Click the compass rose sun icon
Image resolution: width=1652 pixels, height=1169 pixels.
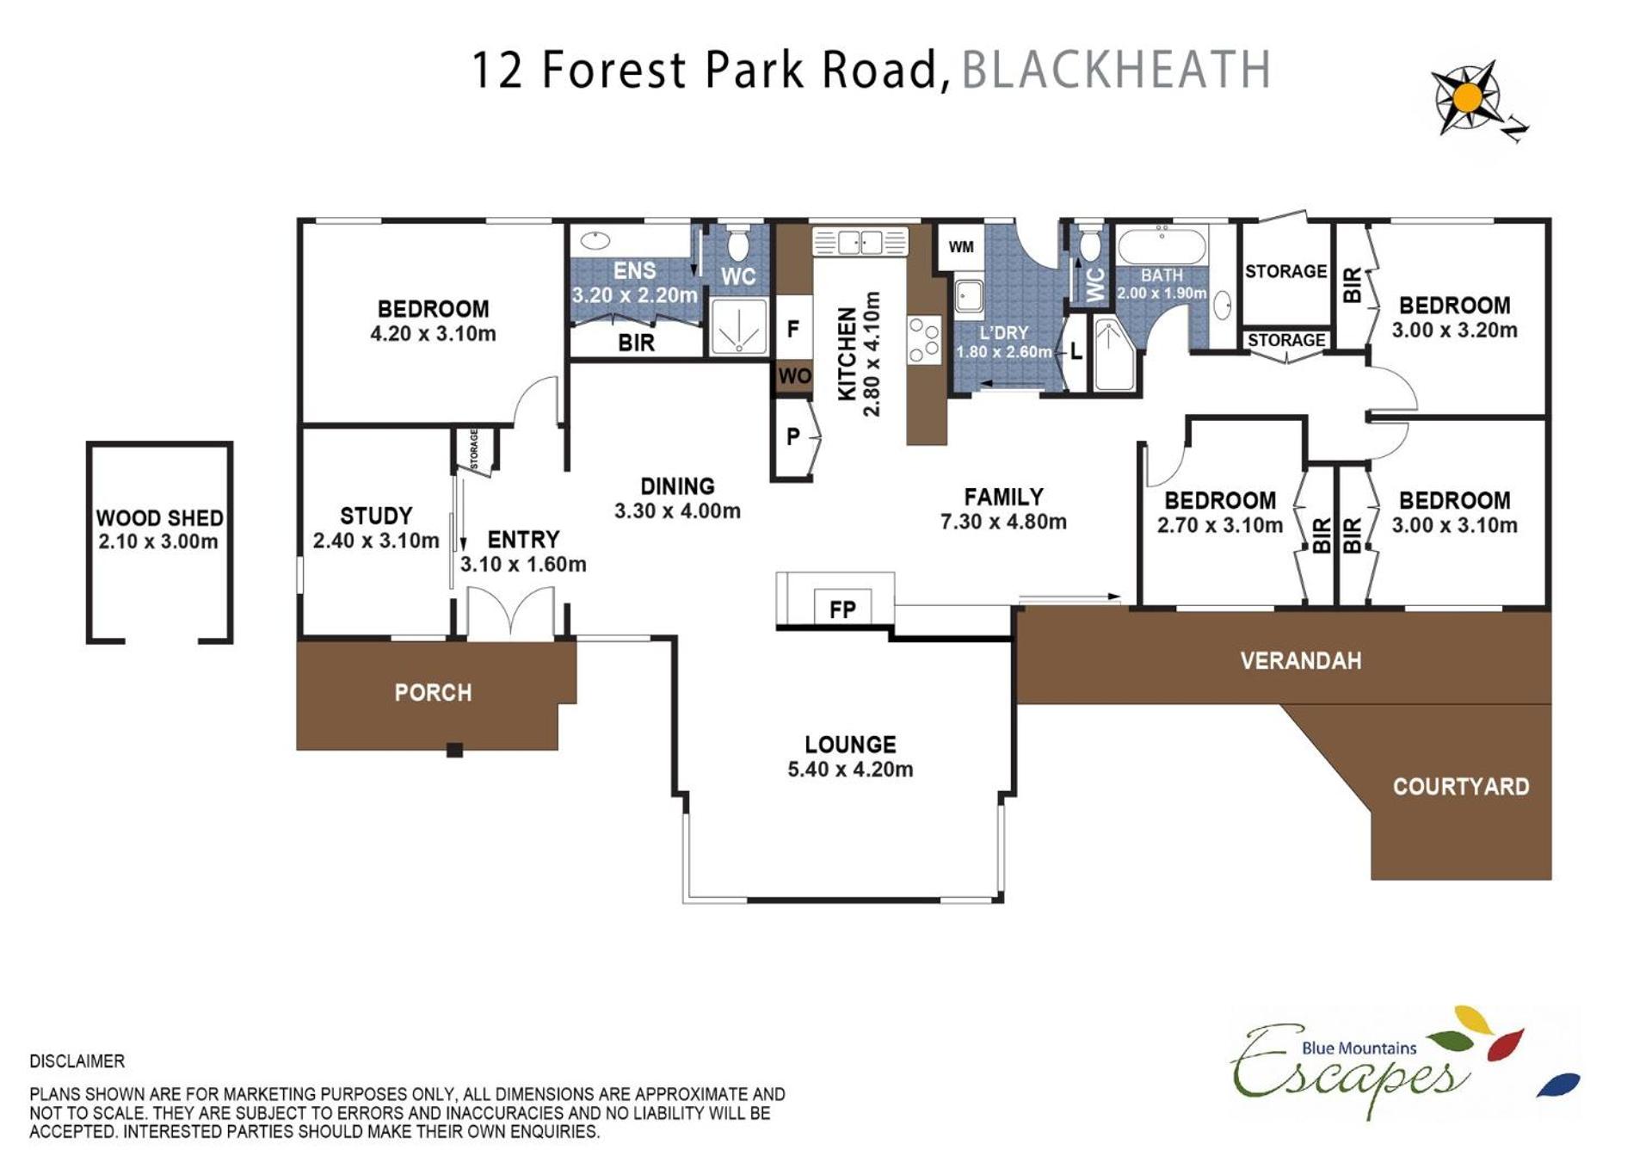tap(1468, 97)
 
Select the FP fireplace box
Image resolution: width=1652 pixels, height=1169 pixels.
tap(843, 607)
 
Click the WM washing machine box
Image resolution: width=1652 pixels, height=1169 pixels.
tap(961, 247)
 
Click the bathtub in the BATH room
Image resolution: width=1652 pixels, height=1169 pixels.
tap(1162, 246)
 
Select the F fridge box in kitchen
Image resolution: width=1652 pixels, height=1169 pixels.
tap(793, 328)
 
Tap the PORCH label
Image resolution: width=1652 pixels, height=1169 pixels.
tap(433, 693)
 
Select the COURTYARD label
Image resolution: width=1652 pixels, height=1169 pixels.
tap(1461, 787)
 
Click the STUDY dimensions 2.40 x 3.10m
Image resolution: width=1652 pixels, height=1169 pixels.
tap(376, 541)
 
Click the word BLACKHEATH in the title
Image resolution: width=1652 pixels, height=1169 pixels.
tap(1116, 70)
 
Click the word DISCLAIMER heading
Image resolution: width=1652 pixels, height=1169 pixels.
tap(77, 1061)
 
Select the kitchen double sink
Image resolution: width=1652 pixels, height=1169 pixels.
tap(860, 242)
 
